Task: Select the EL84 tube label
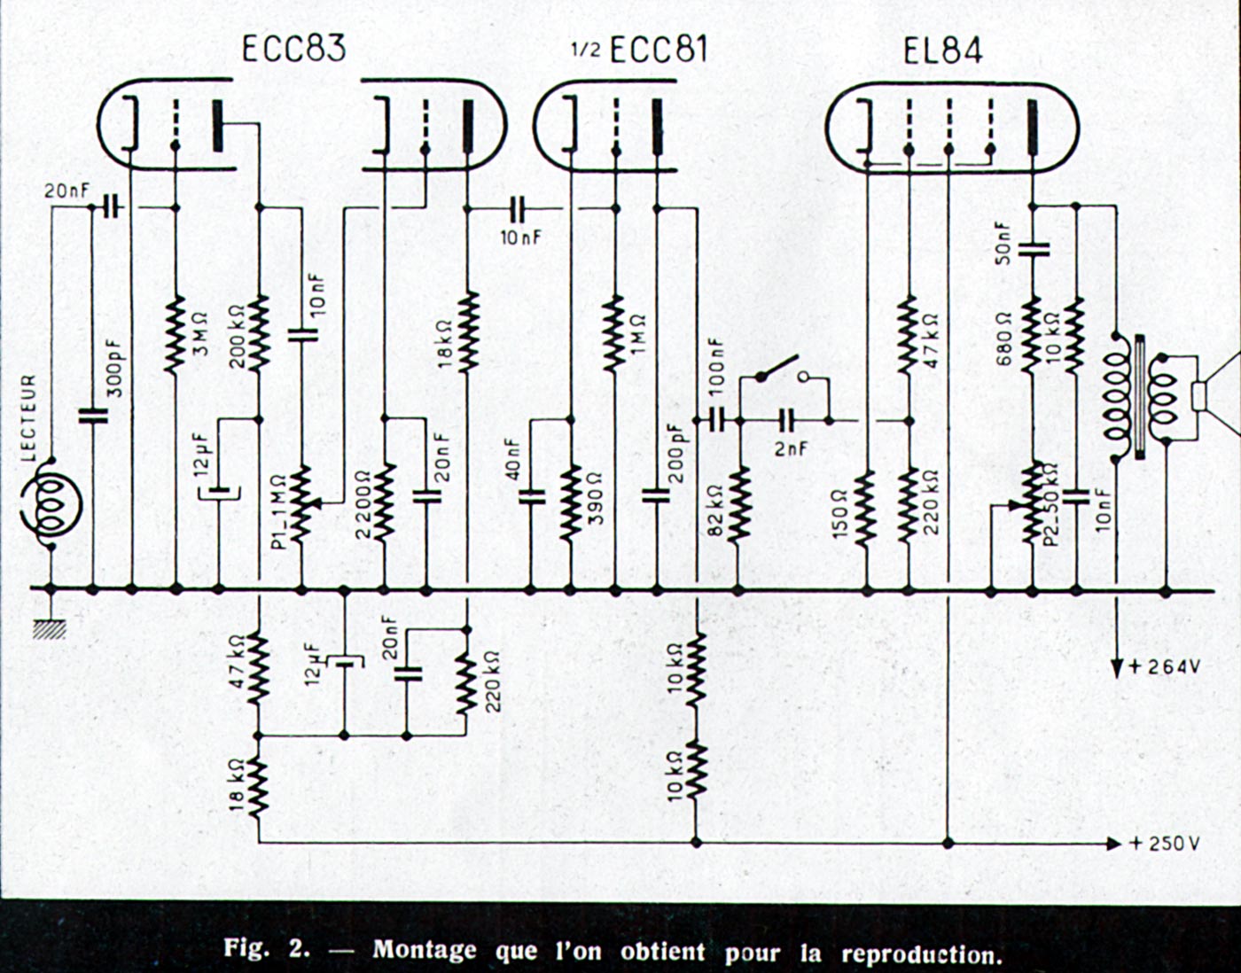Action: click(942, 51)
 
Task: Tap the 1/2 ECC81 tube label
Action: click(640, 50)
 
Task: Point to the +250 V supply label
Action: click(1164, 844)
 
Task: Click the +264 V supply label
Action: click(1164, 666)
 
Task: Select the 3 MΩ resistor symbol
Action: click(175, 332)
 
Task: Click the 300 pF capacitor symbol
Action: click(92, 414)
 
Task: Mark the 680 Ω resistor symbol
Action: click(1032, 334)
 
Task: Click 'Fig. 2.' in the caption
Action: click(266, 949)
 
